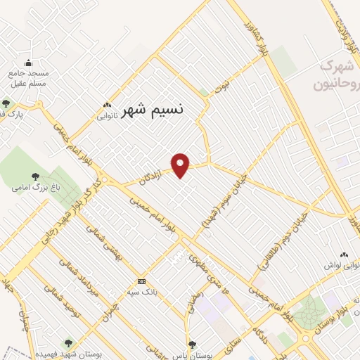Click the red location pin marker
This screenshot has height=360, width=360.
pos(181,165)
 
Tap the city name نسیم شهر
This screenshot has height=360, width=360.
pos(153,111)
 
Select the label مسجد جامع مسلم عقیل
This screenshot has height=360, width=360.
pos(27,78)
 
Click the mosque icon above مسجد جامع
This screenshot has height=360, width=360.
pos(27,63)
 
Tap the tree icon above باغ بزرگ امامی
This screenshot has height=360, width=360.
pos(35,176)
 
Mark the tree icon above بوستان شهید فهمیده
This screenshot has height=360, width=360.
pos(67,344)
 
